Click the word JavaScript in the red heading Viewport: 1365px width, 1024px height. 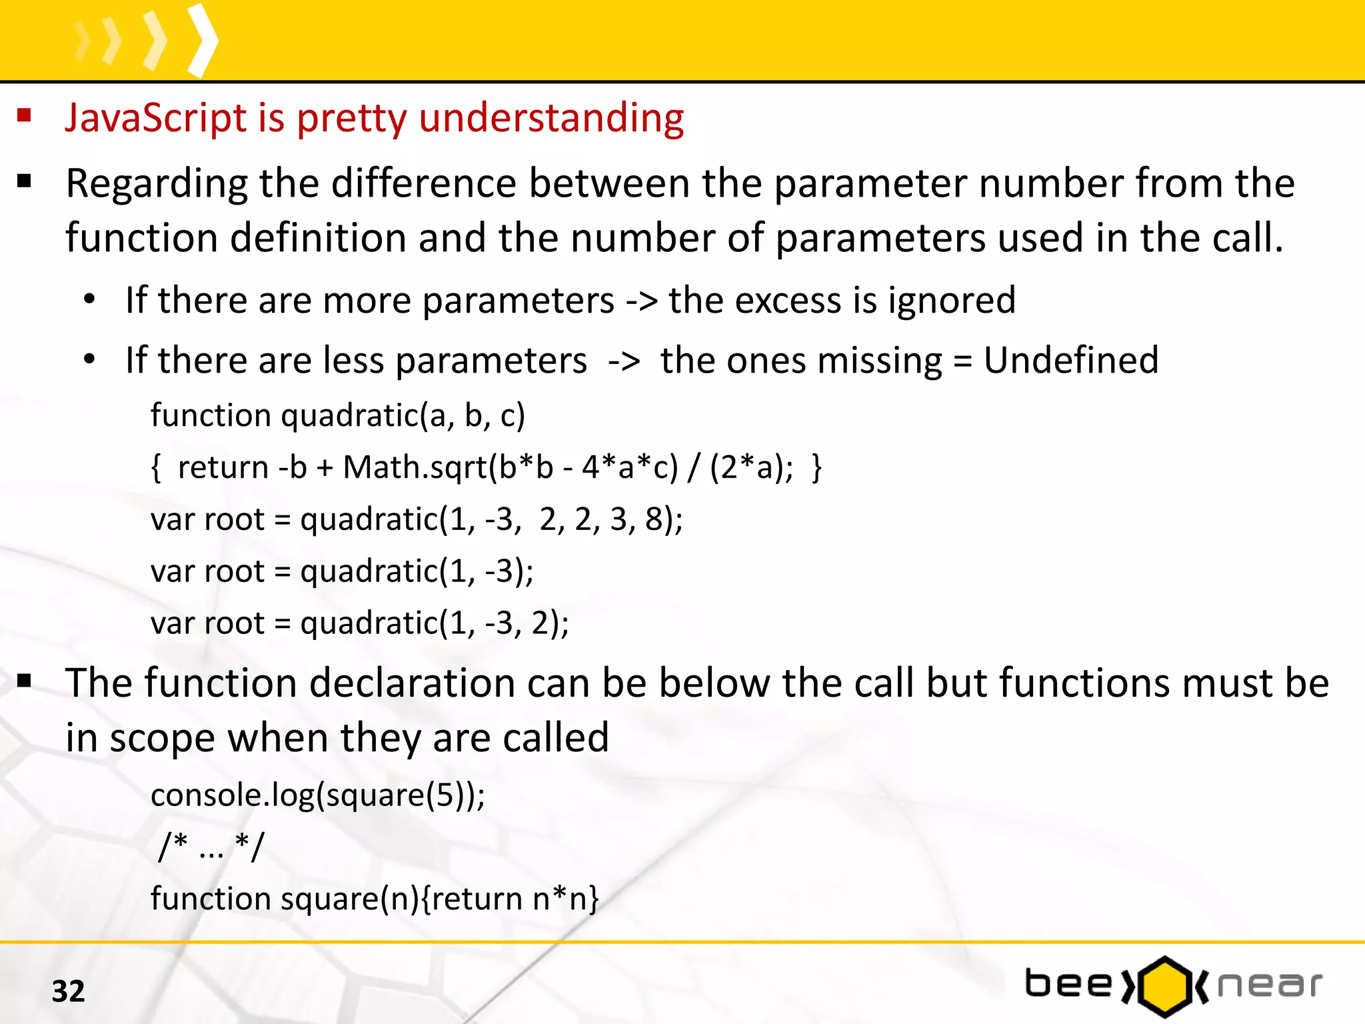pyautogui.click(x=155, y=118)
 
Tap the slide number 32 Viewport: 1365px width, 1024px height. pyautogui.click(x=68, y=991)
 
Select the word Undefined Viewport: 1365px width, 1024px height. pyautogui.click(x=1070, y=361)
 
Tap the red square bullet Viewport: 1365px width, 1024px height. pyautogui.click(x=25, y=116)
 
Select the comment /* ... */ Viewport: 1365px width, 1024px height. pyautogui.click(x=211, y=847)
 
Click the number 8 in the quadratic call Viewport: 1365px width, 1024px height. pyautogui.click(x=654, y=519)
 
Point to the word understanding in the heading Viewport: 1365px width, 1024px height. pyautogui.click(x=551, y=118)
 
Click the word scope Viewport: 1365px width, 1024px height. pyautogui.click(x=162, y=739)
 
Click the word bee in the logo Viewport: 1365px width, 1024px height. pyautogui.click(x=1068, y=984)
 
